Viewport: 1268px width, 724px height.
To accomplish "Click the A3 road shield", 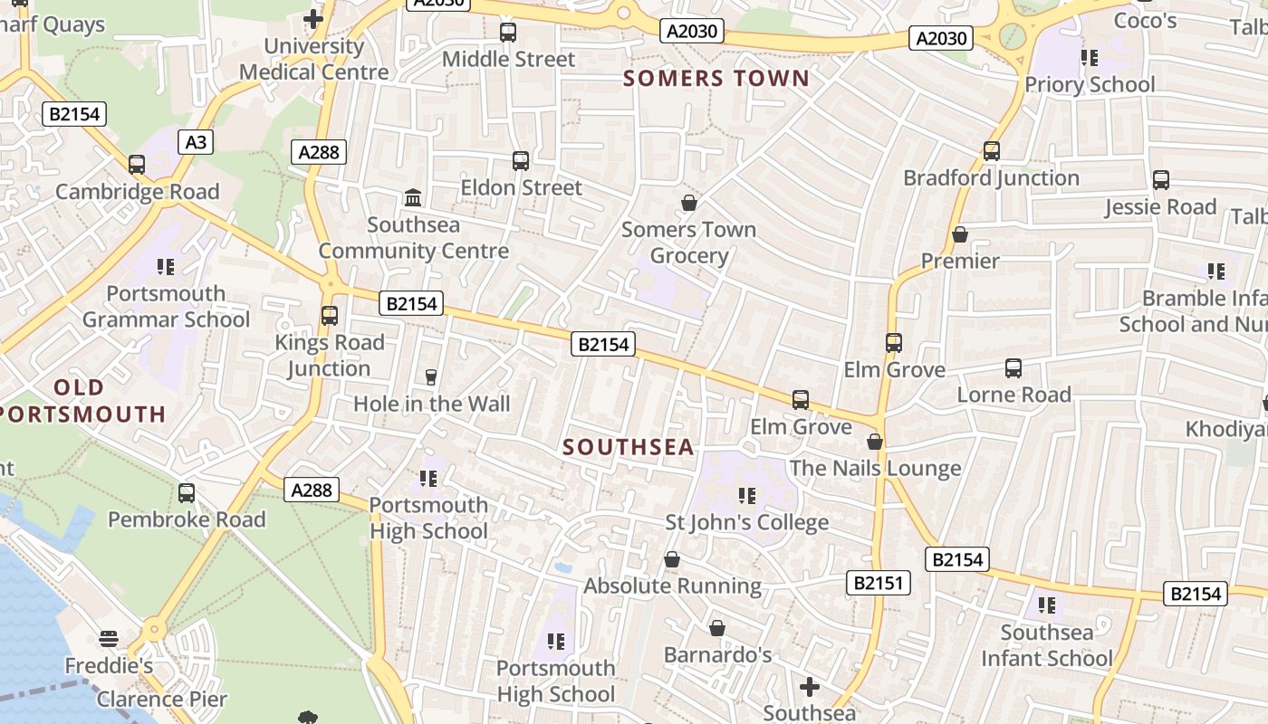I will tap(196, 142).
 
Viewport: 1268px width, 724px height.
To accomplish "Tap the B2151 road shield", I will tap(879, 583).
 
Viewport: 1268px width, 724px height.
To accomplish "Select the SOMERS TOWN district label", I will tap(716, 78).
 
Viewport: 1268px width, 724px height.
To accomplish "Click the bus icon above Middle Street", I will tap(508, 33).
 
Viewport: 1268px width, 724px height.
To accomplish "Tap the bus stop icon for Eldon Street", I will tap(521, 161).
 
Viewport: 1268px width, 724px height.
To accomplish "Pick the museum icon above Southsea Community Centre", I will tap(413, 197).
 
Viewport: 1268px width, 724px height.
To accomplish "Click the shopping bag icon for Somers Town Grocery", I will tap(689, 203).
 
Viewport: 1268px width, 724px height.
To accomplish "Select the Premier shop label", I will tap(960, 261).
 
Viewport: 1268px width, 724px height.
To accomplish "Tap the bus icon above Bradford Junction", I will tap(992, 151).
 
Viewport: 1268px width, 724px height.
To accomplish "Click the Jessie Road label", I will tap(1160, 207).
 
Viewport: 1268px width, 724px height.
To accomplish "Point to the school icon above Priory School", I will tap(1089, 58).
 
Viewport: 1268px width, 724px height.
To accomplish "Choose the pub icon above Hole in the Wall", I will tap(431, 376).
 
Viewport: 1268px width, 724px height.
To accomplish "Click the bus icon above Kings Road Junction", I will tap(330, 316).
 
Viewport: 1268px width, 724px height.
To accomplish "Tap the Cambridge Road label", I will tap(138, 192).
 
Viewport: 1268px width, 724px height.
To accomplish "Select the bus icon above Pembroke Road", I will tap(187, 493).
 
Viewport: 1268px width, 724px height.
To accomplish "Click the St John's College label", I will tap(747, 522).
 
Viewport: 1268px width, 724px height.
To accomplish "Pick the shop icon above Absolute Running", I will tap(672, 559).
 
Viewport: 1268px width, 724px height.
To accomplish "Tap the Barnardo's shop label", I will tap(717, 654).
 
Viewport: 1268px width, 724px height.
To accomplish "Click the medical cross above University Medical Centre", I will tap(313, 18).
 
